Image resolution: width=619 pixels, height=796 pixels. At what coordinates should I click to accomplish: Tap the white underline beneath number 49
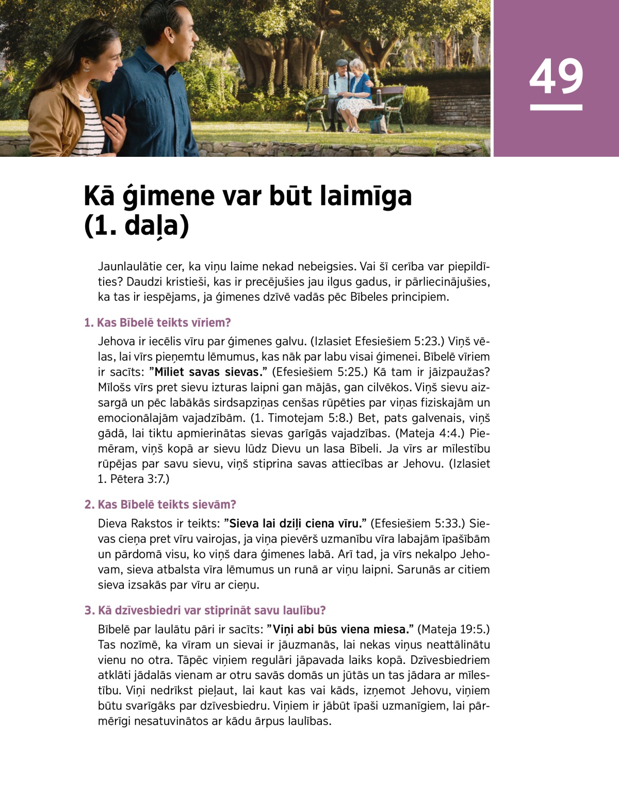(x=556, y=107)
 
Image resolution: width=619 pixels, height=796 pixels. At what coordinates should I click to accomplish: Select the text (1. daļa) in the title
(x=136, y=226)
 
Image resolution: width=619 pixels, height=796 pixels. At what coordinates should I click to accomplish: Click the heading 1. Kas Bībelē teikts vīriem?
(x=157, y=323)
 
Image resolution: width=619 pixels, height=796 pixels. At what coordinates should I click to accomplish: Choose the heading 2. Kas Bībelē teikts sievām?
(x=160, y=505)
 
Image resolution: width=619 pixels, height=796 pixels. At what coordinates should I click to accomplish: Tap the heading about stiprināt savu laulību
(x=205, y=611)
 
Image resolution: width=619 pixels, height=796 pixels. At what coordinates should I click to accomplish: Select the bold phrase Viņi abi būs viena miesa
(x=340, y=629)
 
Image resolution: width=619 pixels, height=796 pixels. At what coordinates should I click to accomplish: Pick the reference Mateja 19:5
(x=453, y=629)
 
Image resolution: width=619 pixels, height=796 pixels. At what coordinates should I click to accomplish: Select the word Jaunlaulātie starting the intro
(x=130, y=267)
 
